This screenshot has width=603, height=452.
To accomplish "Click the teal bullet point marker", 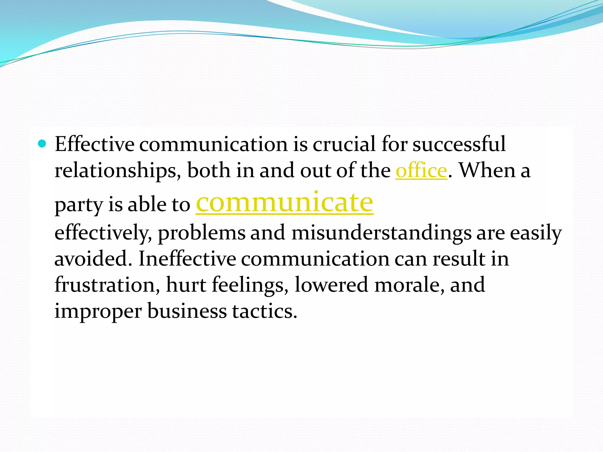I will [x=42, y=144].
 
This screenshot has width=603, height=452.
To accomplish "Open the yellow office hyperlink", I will [x=421, y=171].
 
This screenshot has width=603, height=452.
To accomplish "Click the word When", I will [x=487, y=171].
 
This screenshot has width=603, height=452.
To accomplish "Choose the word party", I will [x=78, y=205].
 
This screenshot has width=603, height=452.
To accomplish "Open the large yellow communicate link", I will [x=284, y=202].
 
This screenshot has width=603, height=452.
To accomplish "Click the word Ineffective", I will [x=187, y=259].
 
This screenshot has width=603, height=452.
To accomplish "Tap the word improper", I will [x=98, y=311].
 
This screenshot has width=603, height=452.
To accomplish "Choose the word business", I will [x=187, y=311].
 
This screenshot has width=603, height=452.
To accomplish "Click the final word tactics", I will [x=264, y=311].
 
